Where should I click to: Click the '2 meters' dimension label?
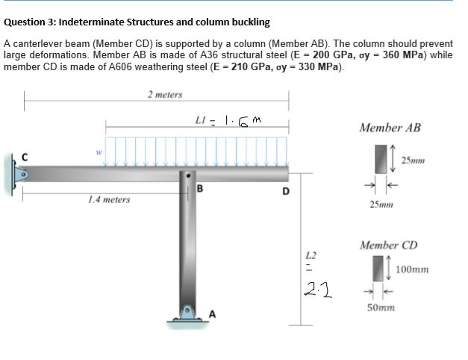(164, 95)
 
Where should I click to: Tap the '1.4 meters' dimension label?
(108, 199)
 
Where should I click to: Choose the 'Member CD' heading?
(389, 245)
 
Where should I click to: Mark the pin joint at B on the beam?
(188, 176)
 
